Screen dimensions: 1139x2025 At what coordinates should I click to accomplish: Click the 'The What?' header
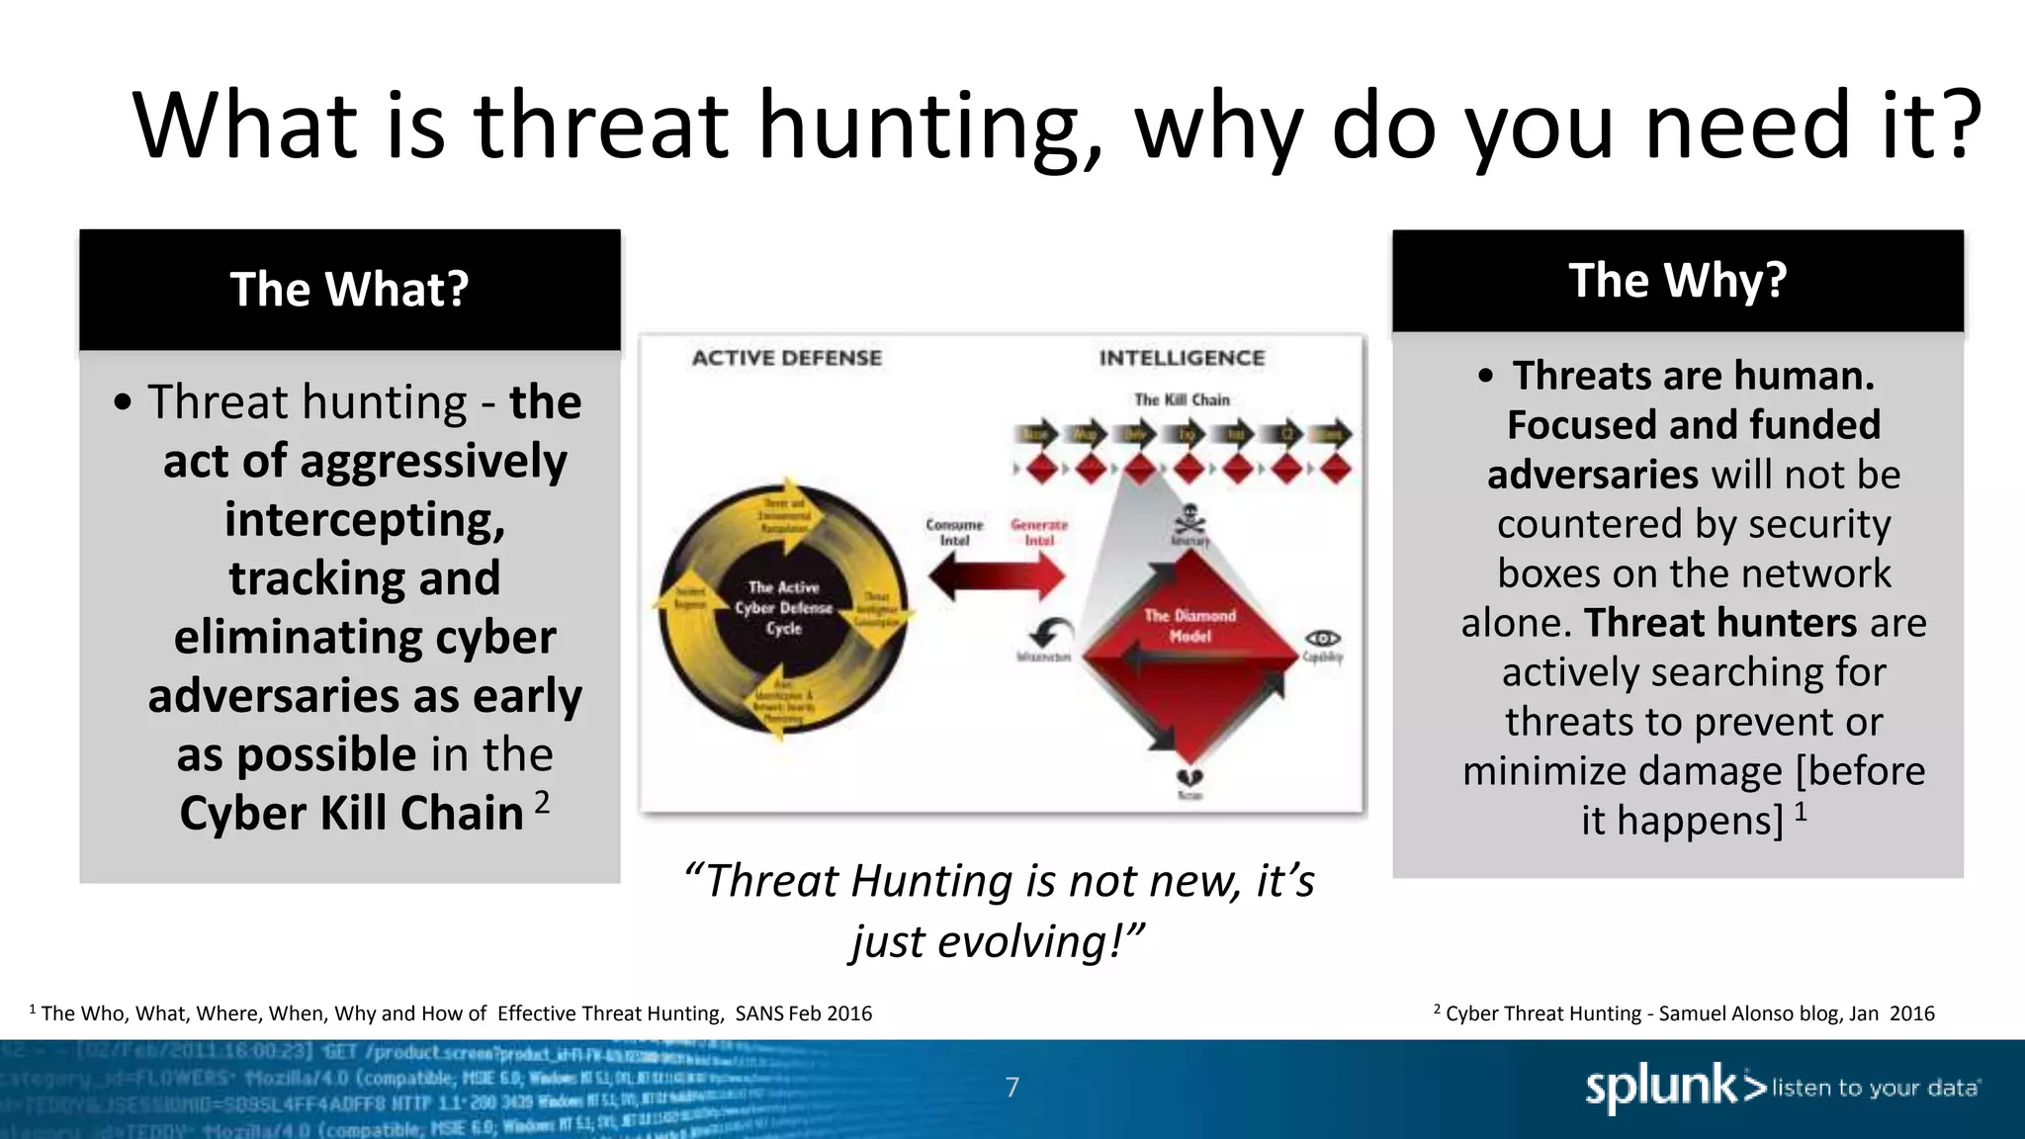pos(349,290)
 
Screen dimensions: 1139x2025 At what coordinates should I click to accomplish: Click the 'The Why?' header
pos(1677,281)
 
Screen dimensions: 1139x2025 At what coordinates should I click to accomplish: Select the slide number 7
pos(1012,1088)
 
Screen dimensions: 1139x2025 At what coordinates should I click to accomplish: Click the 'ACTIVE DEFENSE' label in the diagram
pos(786,358)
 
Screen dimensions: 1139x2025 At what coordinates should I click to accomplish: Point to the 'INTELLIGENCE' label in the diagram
pos(1182,358)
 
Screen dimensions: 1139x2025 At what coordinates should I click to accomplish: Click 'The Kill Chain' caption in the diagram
pos(1182,399)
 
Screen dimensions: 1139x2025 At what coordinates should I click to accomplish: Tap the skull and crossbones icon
pos(1189,519)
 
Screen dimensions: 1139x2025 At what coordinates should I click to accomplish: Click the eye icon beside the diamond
pos(1323,639)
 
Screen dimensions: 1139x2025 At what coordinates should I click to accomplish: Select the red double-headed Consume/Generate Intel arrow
pos(997,576)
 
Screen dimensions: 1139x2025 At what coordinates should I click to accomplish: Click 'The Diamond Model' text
pos(1189,625)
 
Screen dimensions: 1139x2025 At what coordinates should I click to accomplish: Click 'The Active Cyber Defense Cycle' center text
pos(783,607)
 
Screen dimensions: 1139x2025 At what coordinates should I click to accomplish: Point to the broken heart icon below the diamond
pos(1189,778)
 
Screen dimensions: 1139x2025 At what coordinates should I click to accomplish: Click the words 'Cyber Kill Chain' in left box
pos(351,814)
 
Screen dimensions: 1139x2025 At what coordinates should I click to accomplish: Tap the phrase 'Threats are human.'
pos(1693,376)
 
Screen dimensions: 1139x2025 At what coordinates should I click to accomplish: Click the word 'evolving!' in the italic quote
pos(1038,941)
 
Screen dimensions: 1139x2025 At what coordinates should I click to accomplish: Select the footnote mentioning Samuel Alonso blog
pos(1684,1013)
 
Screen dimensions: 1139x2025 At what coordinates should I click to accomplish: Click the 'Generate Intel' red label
pos(1039,532)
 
